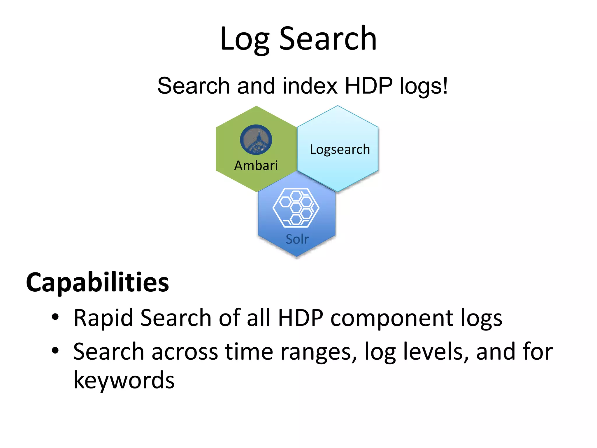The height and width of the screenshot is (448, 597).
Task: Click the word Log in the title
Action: click(244, 39)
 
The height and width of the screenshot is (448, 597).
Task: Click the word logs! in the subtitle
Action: click(424, 86)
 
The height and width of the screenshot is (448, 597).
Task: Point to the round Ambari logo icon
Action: click(256, 140)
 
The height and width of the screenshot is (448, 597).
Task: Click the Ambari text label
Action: click(256, 166)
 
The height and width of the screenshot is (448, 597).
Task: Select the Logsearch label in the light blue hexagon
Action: click(340, 150)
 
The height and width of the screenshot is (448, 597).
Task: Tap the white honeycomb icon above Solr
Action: click(296, 208)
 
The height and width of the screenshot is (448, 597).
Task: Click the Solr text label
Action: click(297, 239)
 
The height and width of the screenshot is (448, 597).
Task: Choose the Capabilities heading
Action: click(97, 282)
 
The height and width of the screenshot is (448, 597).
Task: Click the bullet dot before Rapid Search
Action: click(55, 317)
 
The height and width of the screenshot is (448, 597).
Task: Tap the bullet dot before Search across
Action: click(55, 351)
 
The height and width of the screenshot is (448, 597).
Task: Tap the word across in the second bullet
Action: click(185, 352)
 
